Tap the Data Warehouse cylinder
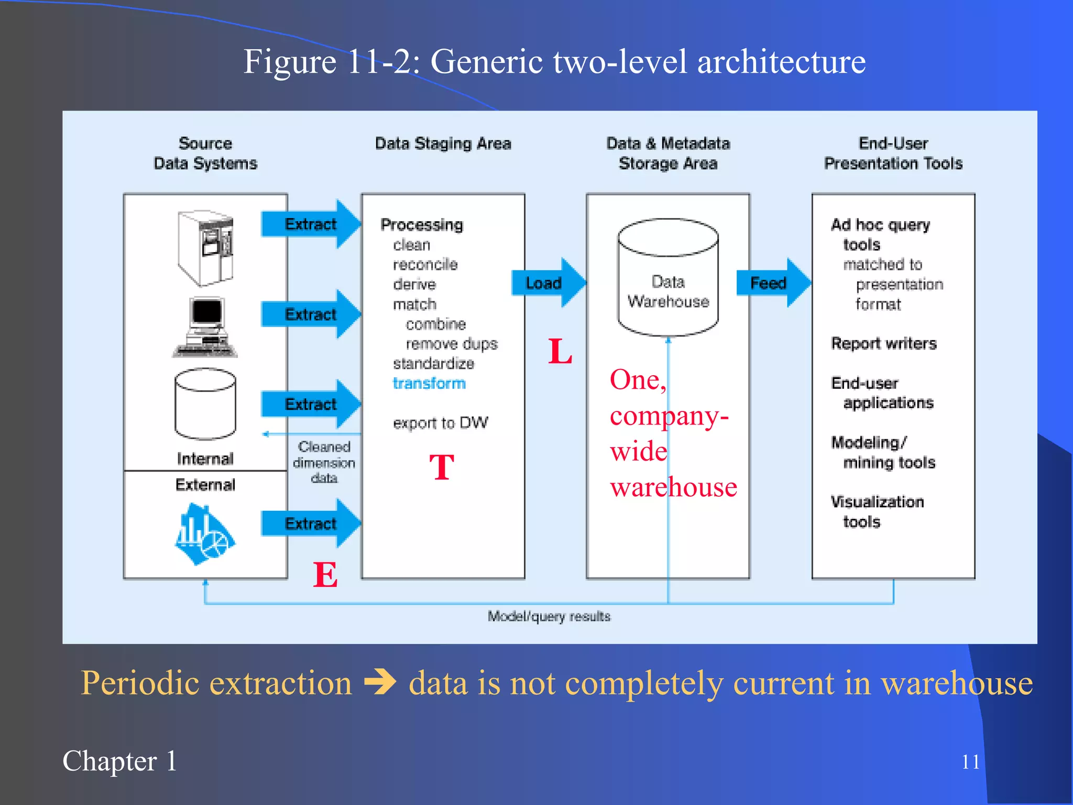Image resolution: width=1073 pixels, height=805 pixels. click(668, 278)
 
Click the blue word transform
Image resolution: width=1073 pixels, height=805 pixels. click(429, 383)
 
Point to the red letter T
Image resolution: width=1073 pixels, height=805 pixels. click(442, 467)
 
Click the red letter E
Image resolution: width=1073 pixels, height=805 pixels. click(325, 575)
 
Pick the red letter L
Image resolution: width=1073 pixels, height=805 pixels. click(560, 351)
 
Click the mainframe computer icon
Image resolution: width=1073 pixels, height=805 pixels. click(205, 248)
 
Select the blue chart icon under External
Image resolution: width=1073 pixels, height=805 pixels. click(204, 535)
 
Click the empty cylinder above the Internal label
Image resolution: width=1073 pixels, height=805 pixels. click(205, 404)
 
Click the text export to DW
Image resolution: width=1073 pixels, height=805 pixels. click(441, 422)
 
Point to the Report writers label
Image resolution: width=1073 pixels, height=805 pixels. click(883, 343)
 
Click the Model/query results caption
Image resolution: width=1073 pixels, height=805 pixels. click(549, 616)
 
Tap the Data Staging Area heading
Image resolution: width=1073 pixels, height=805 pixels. click(443, 143)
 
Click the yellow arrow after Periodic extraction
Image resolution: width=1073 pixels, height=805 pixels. click(380, 683)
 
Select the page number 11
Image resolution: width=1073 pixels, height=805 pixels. click(970, 762)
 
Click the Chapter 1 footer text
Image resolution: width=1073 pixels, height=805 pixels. click(119, 761)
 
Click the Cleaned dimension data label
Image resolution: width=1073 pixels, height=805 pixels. click(324, 462)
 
